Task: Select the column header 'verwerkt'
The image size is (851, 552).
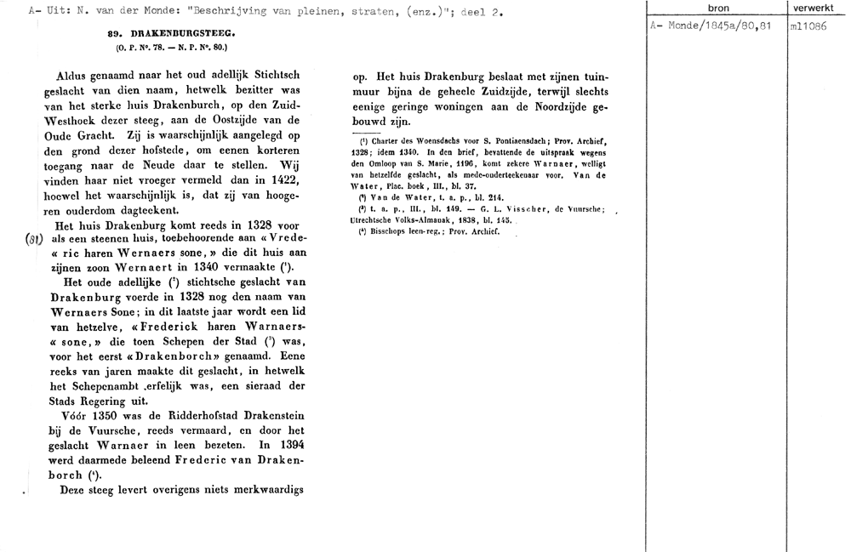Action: pyautogui.click(x=816, y=8)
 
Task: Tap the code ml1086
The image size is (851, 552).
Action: pyautogui.click(x=806, y=26)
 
